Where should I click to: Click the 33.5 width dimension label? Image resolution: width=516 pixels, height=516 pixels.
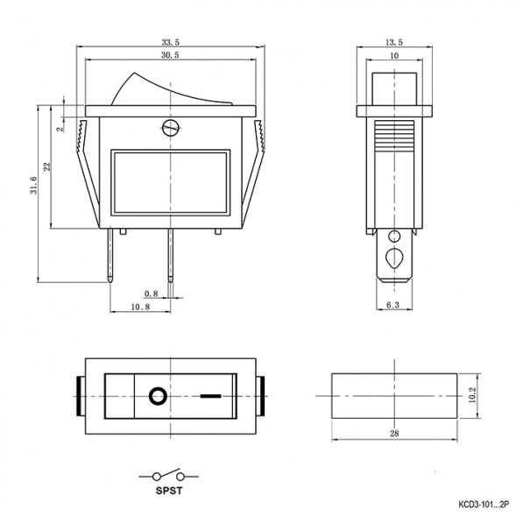pos(171,42)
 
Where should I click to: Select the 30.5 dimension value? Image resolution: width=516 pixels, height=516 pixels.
pos(170,55)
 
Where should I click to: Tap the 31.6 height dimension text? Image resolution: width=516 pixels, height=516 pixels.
pos(33,185)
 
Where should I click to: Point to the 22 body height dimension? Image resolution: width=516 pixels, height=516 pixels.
pos(47,166)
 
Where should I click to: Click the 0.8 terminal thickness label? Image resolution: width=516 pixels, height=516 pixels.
pos(152,293)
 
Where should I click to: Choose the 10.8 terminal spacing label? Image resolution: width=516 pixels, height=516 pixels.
pos(140,307)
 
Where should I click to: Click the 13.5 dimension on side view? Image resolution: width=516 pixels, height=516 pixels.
pos(394,42)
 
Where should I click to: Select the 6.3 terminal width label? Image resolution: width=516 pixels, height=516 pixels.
pos(392,306)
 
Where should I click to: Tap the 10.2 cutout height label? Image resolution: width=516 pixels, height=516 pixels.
pos(472,395)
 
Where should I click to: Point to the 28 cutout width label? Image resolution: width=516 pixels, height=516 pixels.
pos(394,434)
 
